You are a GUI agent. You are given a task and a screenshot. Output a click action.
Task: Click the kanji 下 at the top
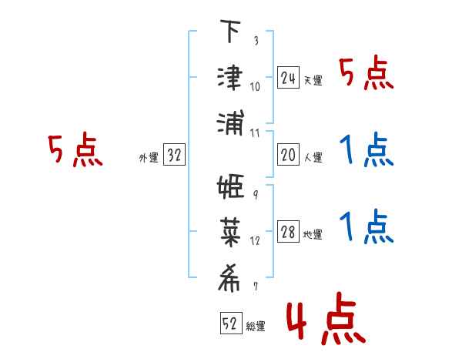[230, 31]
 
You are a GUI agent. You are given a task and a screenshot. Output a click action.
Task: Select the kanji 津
[230, 78]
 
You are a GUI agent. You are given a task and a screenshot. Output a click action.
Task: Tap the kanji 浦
[230, 123]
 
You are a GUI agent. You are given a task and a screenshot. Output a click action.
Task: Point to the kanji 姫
[230, 186]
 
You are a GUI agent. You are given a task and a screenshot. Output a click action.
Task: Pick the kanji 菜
[230, 233]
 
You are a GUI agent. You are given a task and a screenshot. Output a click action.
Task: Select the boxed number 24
[288, 78]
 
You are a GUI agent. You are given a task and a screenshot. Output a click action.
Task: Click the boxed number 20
[288, 155]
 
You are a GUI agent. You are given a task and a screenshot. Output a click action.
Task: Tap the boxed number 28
[288, 231]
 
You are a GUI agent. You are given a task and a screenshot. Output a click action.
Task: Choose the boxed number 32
[174, 154]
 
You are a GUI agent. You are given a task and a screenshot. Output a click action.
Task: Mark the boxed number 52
[231, 323]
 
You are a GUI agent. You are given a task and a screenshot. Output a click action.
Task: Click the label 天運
[313, 80]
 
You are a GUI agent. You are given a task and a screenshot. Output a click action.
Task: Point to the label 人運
[313, 157]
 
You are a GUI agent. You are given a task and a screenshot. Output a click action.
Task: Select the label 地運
[313, 234]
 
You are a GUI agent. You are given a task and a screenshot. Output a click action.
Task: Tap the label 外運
[149, 157]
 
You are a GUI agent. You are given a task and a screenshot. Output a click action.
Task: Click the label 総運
[256, 326]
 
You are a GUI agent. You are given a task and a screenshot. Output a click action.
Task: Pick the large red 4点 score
[326, 318]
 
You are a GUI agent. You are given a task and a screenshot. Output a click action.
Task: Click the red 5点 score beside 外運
[75, 149]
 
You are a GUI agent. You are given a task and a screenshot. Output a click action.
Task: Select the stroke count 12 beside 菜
[255, 241]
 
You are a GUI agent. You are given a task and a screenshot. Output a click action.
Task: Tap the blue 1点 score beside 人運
[367, 149]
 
